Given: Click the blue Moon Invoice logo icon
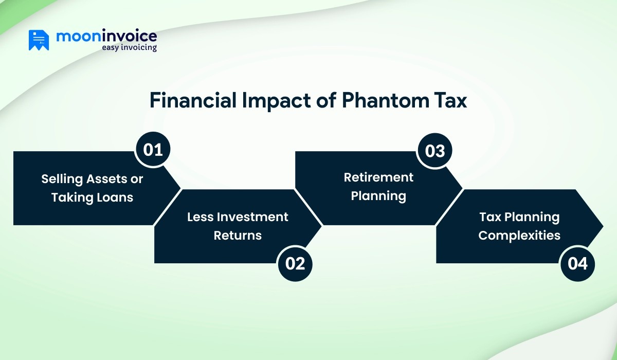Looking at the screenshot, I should point(39,41).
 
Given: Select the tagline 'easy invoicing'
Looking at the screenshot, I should point(129,48).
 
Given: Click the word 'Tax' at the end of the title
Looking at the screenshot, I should point(450,101).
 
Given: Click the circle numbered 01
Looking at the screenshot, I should point(153,150).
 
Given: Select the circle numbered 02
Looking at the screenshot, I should point(295,264).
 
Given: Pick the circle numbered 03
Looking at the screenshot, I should point(434,150).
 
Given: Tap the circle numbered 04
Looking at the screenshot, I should point(577,264).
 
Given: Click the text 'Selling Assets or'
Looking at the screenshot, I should point(92,179).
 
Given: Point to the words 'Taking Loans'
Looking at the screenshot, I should point(92,197).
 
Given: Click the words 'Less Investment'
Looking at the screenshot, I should point(238,217).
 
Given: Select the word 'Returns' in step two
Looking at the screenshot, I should point(238,236).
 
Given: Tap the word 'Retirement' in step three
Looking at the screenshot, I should point(378,177).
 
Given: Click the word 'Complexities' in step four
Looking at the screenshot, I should point(519,236).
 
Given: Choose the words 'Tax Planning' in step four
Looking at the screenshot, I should point(519,217).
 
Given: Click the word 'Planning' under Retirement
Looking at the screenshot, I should point(378,196).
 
